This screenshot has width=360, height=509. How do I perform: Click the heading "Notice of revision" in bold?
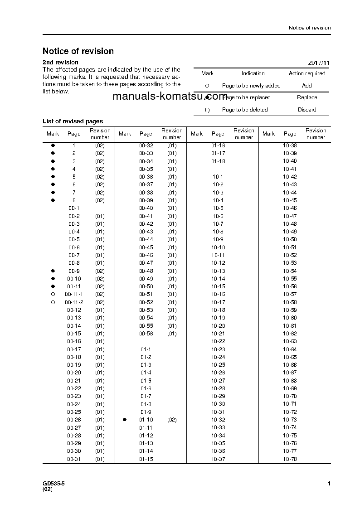pyautogui.click(x=78, y=51)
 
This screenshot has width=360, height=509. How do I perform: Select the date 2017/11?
pyautogui.click(x=319, y=63)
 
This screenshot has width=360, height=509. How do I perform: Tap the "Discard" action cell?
pyautogui.click(x=307, y=110)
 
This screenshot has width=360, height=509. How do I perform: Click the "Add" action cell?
pyautogui.click(x=307, y=86)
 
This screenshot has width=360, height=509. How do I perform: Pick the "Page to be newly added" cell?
pyautogui.click(x=251, y=86)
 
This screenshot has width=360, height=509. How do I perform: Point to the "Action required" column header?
pyautogui.click(x=307, y=73)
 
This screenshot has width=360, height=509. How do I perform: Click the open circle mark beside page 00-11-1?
pyautogui.click(x=53, y=295)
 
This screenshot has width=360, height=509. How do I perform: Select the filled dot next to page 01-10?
pyautogui.click(x=125, y=420)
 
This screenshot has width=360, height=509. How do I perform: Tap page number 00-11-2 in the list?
pyautogui.click(x=74, y=302)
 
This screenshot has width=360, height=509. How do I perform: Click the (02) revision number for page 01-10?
pyautogui.click(x=172, y=420)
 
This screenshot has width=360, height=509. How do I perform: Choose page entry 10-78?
pyautogui.click(x=290, y=459)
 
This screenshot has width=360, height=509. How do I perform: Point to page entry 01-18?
pyautogui.click(x=218, y=161)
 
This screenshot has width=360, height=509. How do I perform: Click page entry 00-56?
pyautogui.click(x=146, y=334)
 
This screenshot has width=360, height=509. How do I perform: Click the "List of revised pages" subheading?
pyautogui.click(x=73, y=121)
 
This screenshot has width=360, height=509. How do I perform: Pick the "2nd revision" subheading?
pyautogui.click(x=60, y=63)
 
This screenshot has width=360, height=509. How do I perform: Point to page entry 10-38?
pyautogui.click(x=290, y=145)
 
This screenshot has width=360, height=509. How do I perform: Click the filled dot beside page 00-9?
pyautogui.click(x=53, y=271)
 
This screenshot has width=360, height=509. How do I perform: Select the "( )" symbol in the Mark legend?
pyautogui.click(x=207, y=110)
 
